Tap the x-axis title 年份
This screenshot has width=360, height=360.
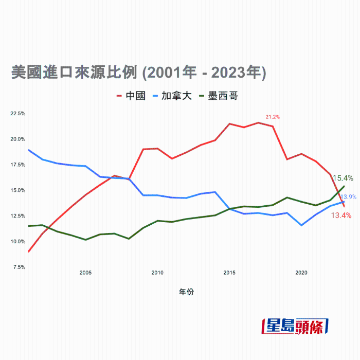(x=186, y=292)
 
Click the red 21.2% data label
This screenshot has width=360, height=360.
(x=273, y=117)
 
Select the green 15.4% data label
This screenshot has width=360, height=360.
(x=343, y=178)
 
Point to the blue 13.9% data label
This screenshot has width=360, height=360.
(x=349, y=197)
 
